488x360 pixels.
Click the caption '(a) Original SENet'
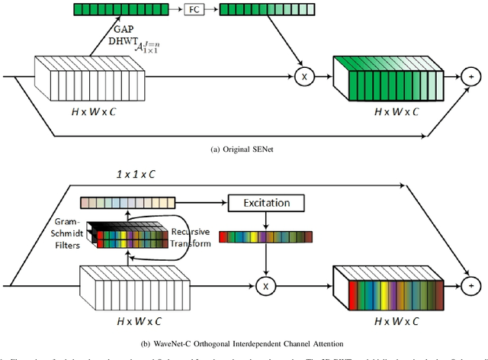(243, 151)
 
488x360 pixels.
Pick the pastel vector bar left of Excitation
(127, 202)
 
